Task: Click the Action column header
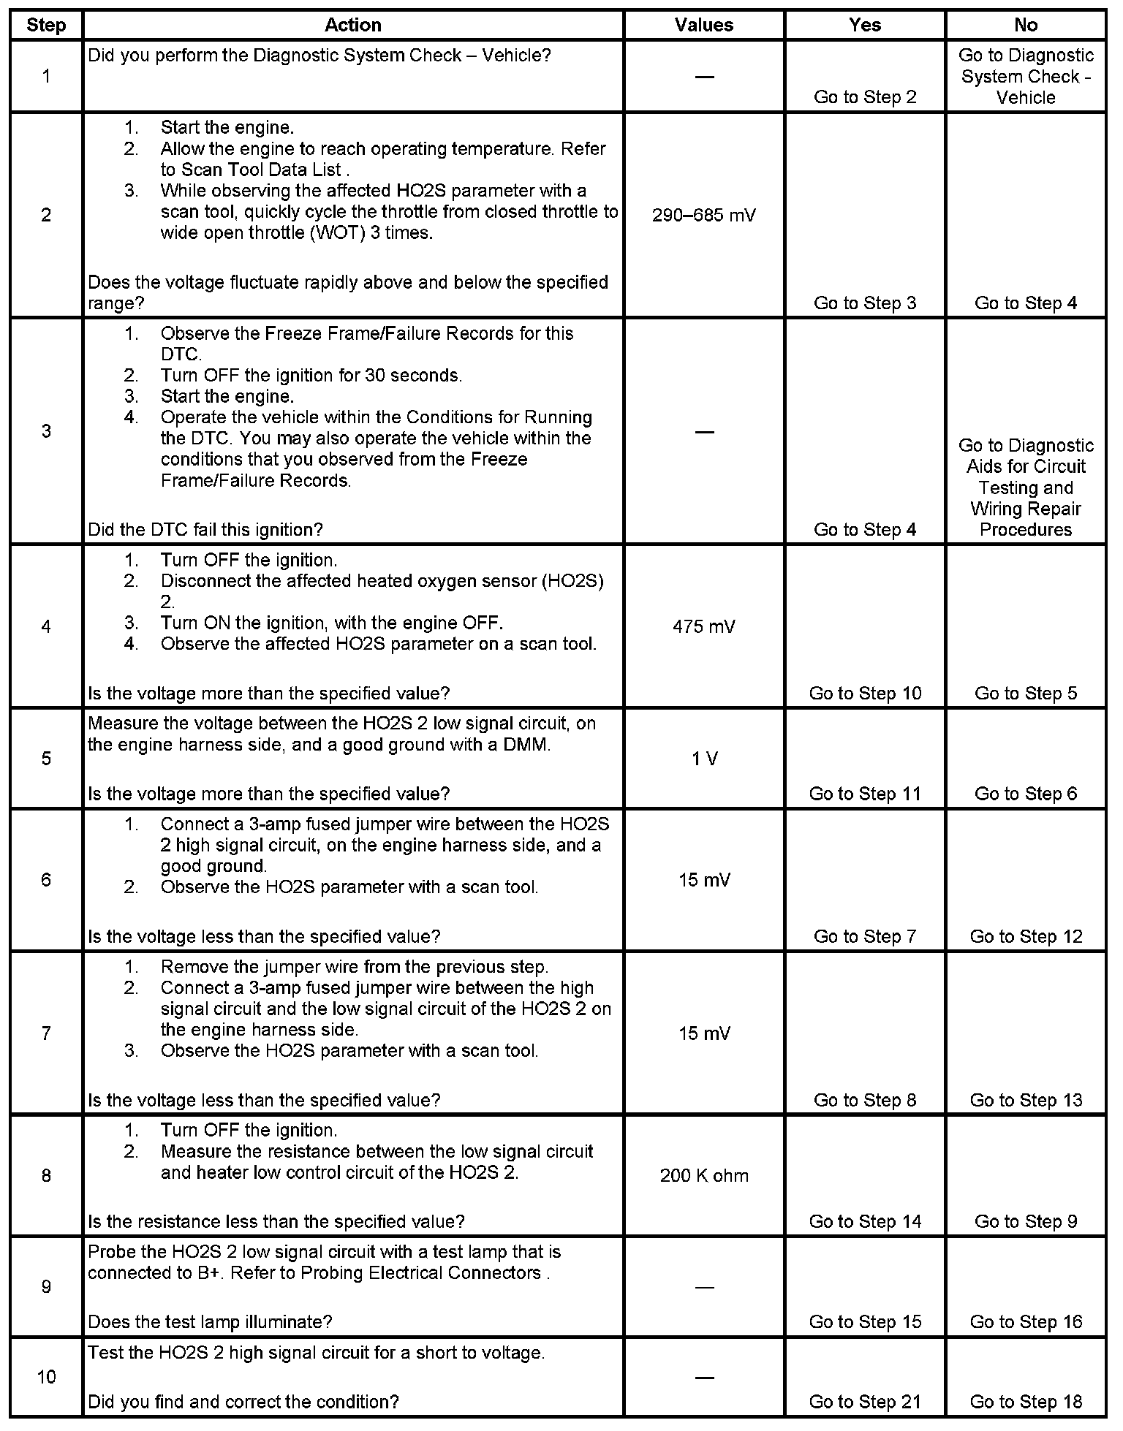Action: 353,25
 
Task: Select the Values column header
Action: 704,25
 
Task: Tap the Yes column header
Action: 865,25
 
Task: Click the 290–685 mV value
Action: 704,216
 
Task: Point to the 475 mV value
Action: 704,626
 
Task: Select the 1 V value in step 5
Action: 704,759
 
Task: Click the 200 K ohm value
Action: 704,1176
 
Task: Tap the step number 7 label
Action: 46,1033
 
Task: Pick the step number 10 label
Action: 46,1378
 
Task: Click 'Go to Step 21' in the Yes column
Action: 865,1402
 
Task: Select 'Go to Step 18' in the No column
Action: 1026,1402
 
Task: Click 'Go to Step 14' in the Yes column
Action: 865,1221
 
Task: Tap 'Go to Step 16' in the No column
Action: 1026,1322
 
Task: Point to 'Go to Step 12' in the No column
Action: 1026,937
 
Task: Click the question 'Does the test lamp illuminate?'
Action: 210,1322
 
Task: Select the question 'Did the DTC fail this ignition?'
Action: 205,530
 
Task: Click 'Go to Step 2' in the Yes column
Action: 865,98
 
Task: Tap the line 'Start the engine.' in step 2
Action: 227,128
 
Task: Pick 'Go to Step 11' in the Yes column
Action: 865,794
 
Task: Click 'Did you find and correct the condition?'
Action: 243,1402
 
